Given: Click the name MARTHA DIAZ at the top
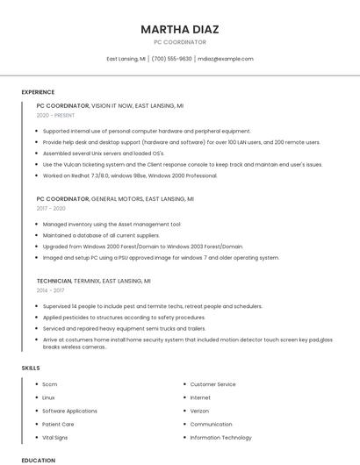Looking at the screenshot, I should [x=180, y=29].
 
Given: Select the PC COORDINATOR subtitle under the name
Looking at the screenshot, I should [x=180, y=42].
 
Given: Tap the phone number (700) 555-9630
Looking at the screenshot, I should [x=171, y=59].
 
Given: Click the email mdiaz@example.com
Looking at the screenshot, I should [x=226, y=59].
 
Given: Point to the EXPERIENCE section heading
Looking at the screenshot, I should [x=38, y=92].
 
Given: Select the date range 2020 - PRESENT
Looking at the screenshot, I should [x=55, y=115].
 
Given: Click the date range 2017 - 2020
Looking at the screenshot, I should [x=51, y=209].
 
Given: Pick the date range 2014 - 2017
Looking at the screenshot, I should [x=50, y=290].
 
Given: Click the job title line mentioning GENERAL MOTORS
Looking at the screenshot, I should [x=115, y=199].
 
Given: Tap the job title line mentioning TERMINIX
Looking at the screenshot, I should [x=94, y=281].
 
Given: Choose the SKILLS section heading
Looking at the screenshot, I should [x=31, y=368].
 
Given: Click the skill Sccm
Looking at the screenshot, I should [x=49, y=384].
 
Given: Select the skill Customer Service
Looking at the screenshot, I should [x=212, y=384].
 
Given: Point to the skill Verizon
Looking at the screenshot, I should [x=199, y=411].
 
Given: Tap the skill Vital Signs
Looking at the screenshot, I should [x=54, y=437].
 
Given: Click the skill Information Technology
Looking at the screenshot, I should [x=220, y=437].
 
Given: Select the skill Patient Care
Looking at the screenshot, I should [x=58, y=424].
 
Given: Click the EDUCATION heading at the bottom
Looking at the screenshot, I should [x=38, y=460].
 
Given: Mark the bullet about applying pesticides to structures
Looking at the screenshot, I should [x=124, y=317].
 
